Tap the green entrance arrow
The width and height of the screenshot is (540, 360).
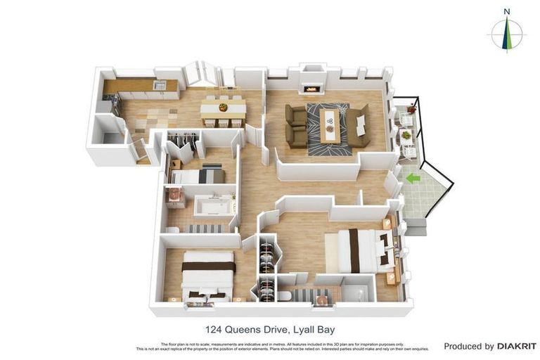point(413,179)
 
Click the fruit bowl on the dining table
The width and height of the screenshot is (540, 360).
point(224,108)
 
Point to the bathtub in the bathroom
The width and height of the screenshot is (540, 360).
point(213,206)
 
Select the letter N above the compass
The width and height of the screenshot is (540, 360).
point(506,11)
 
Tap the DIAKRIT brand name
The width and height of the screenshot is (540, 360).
point(517,346)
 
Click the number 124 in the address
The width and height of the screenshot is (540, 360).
point(214,329)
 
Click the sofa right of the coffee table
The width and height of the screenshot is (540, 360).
point(359,125)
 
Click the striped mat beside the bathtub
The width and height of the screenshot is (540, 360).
point(204,229)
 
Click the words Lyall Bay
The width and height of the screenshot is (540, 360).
point(314,329)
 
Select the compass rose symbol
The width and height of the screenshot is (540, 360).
point(506,33)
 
